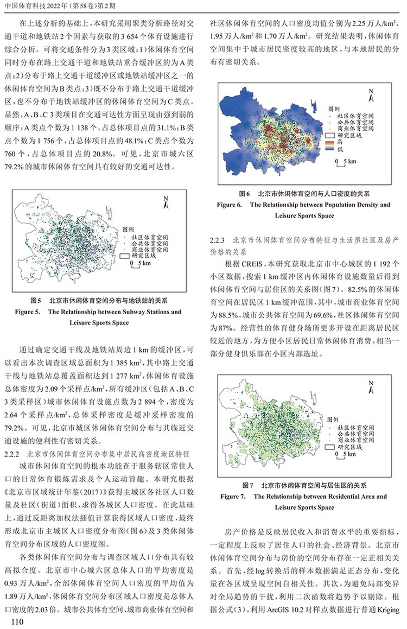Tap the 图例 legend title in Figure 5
(129, 230)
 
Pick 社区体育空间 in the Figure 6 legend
(349, 116)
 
